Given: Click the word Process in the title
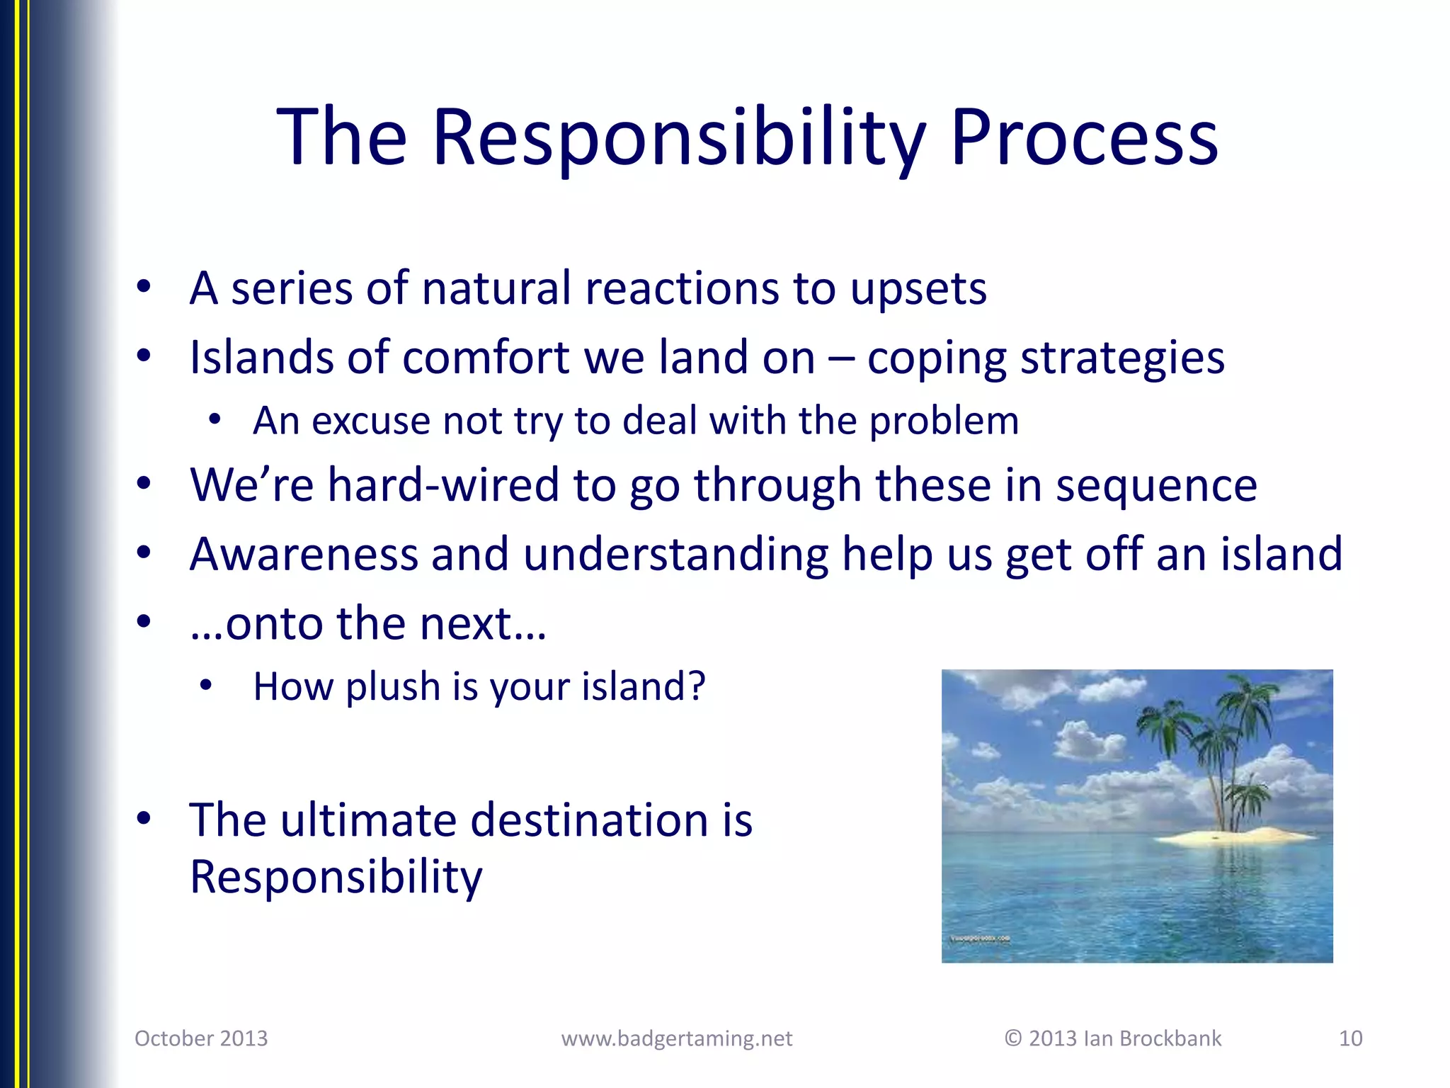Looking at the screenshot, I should point(1083,138).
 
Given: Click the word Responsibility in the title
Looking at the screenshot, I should point(678,138).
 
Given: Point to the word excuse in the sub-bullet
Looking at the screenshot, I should point(370,421).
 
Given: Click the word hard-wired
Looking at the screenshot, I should point(443,485).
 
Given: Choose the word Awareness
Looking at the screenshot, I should point(304,554).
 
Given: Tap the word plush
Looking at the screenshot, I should point(393,687).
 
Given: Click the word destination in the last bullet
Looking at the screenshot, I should point(588,820).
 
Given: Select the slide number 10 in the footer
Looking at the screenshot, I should point(1350,1038).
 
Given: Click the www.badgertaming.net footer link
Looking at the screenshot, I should point(676,1038).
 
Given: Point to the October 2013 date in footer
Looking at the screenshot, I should point(201,1038).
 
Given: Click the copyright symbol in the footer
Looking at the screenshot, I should point(1013,1038).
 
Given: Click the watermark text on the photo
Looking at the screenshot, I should point(980,939).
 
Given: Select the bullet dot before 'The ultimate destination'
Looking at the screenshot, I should point(144,819).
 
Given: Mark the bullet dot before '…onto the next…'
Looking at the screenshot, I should point(144,622).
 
